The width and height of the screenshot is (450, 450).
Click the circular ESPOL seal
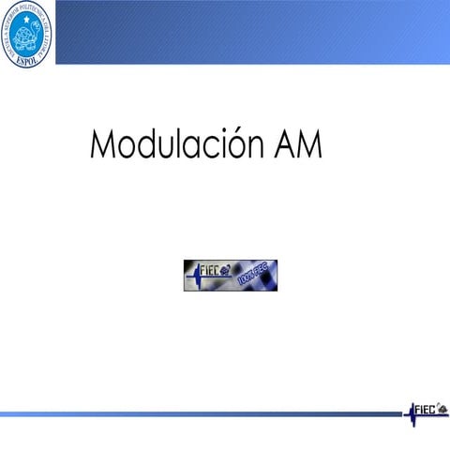coord(27,34)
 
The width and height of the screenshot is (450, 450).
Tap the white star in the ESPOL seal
coord(20,20)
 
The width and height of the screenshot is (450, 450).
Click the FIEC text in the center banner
coord(210,272)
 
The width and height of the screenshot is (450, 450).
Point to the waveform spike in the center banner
coord(193,274)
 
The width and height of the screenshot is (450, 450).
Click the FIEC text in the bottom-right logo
coord(426,409)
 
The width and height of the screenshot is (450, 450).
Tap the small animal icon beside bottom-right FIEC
coord(442,406)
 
